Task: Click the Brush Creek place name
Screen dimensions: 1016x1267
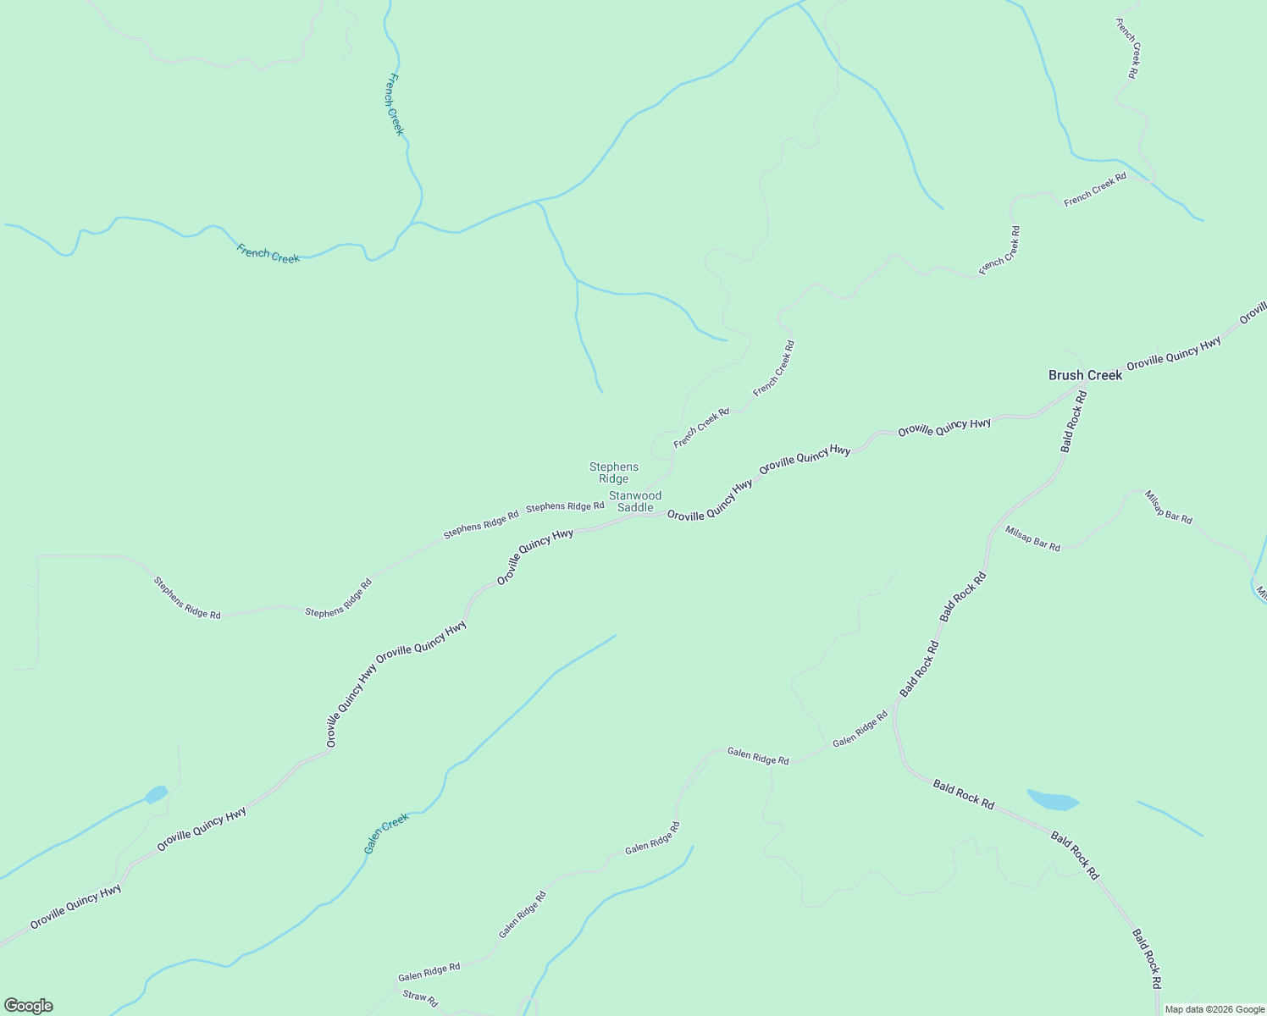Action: point(1085,375)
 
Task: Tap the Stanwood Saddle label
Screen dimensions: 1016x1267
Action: point(635,501)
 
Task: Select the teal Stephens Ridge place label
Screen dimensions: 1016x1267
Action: point(614,472)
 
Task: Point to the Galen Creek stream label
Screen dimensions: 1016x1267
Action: point(386,833)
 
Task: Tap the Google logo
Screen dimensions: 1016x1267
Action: point(28,1006)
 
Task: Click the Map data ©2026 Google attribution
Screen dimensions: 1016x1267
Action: point(1214,1009)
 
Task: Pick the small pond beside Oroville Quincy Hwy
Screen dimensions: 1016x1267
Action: point(156,794)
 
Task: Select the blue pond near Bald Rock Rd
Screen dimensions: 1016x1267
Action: point(1053,799)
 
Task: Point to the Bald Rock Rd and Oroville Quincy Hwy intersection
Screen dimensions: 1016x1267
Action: point(1086,385)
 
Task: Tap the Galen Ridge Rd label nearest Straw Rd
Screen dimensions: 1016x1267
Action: point(429,971)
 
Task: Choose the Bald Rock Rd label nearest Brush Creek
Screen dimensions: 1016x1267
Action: point(1073,421)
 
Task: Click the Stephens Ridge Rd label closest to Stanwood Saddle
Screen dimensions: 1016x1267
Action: point(565,506)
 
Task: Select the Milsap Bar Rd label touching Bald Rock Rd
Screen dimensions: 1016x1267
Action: point(1032,538)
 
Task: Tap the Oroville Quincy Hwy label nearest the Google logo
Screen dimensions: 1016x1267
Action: point(75,907)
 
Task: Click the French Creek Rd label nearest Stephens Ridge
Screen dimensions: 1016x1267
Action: point(701,428)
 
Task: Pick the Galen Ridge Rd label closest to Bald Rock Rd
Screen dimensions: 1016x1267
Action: point(860,728)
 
